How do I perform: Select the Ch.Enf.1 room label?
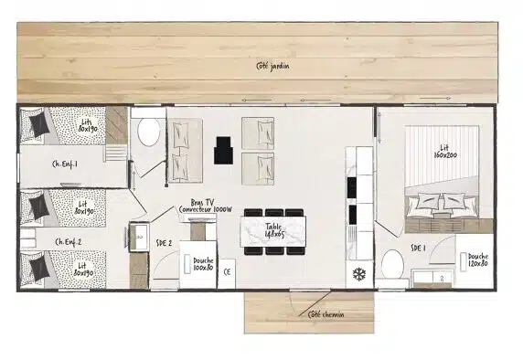66,164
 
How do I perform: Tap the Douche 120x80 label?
477,261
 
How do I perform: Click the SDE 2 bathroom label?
165,242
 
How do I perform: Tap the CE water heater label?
227,271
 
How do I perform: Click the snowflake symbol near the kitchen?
358,274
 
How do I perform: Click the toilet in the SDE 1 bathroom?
391,265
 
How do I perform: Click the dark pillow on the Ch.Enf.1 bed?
38,123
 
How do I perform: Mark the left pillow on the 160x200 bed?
426,203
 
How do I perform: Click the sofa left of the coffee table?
186,150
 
